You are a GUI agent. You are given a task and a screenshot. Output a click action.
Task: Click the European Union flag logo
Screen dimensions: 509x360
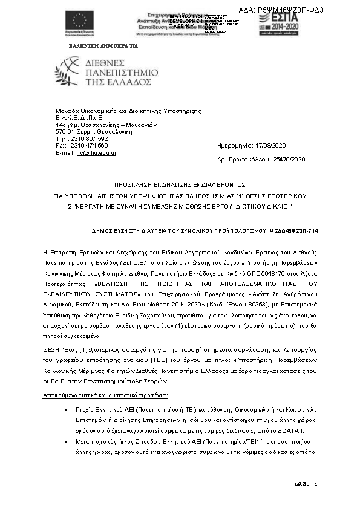(79, 21)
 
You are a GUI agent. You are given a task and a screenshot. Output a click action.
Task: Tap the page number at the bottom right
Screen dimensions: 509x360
(315, 485)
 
